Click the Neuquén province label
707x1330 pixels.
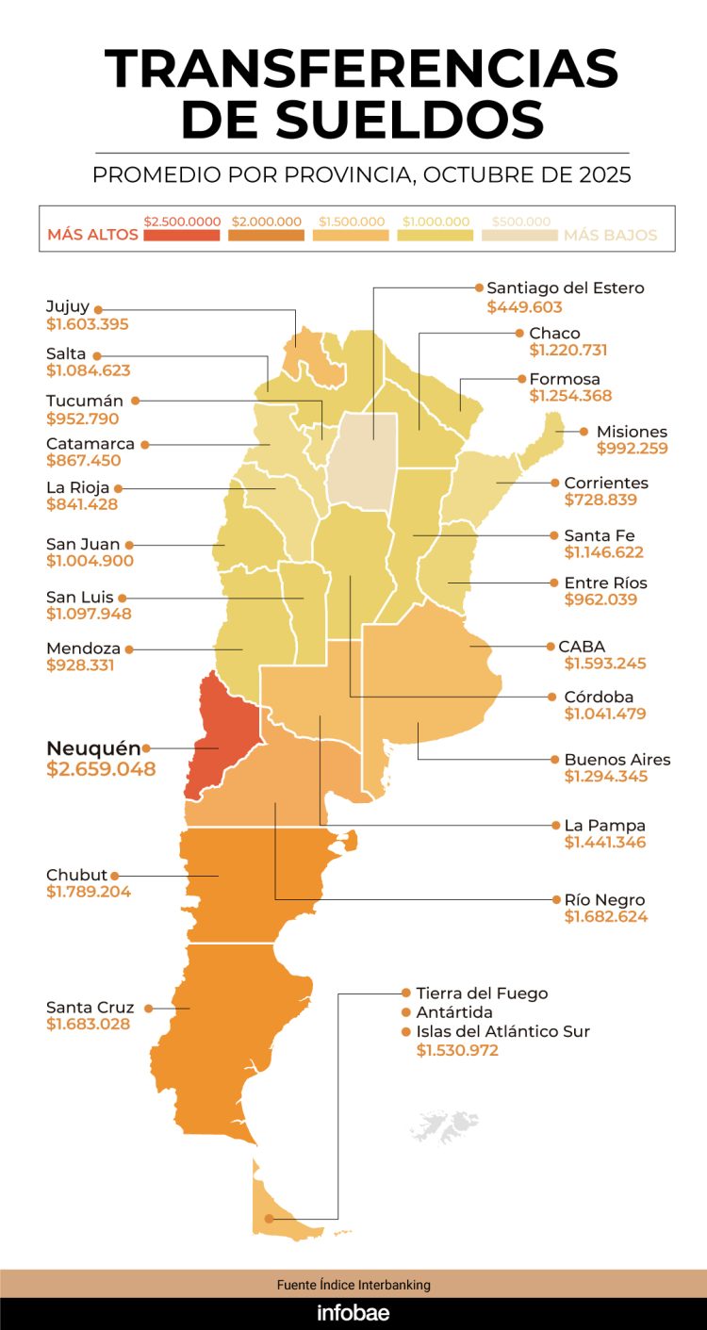(93, 747)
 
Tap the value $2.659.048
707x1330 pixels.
(101, 769)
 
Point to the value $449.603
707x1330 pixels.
(524, 306)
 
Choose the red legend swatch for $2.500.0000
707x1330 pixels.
(181, 235)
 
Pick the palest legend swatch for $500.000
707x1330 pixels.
(520, 235)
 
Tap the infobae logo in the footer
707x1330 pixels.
(353, 1313)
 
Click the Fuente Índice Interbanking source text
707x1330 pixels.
(353, 1284)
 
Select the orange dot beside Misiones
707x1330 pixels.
(584, 432)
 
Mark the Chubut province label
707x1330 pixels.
(76, 875)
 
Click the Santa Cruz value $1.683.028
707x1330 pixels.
(88, 1025)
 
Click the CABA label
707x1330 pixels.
(582, 647)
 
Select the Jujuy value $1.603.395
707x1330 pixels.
(87, 323)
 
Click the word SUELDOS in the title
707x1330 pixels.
(362, 119)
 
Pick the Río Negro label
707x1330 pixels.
(604, 899)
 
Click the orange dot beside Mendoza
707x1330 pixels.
(129, 649)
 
